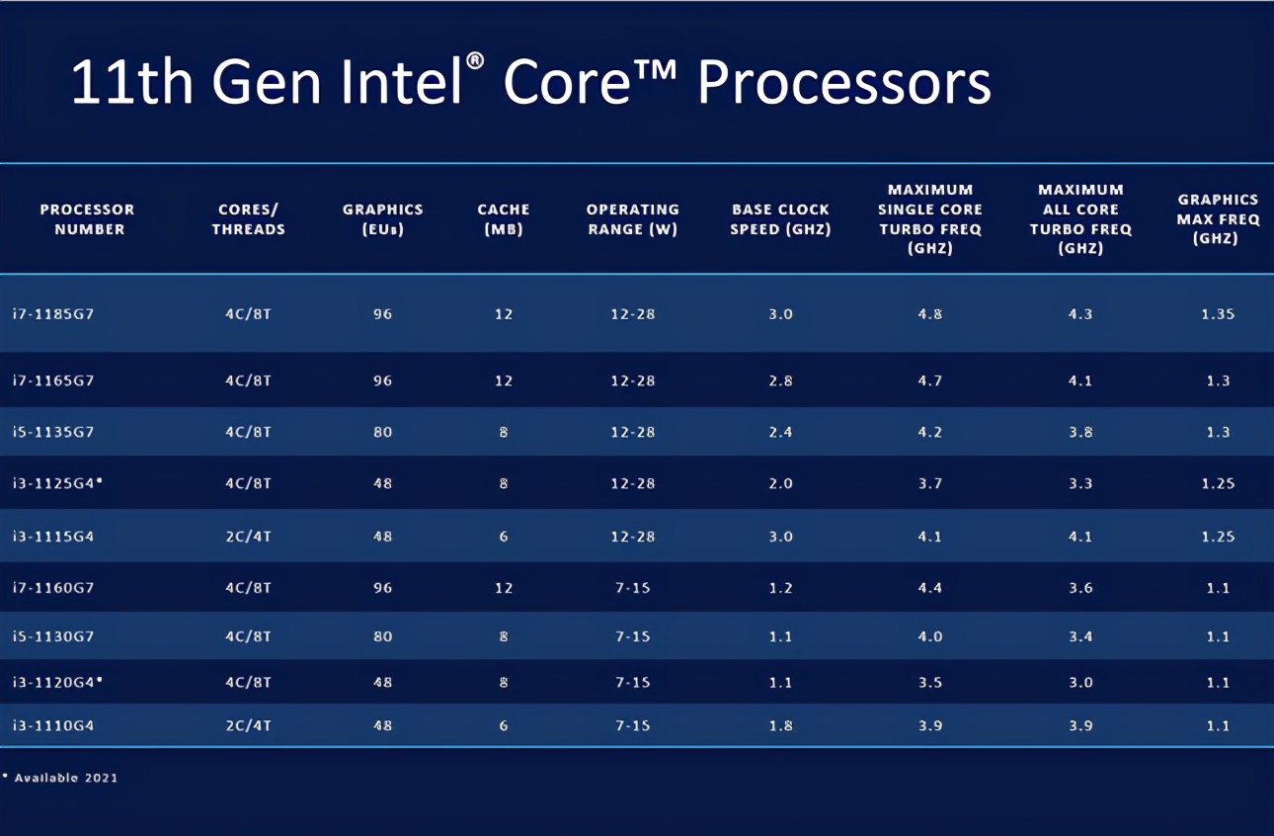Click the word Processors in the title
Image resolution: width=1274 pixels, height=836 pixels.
(843, 83)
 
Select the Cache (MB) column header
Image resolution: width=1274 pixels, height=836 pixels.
(504, 219)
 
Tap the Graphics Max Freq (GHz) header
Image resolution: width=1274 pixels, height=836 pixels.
(1218, 219)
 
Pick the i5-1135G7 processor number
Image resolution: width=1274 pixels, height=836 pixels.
(53, 432)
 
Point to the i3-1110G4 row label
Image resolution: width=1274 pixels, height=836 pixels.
(53, 725)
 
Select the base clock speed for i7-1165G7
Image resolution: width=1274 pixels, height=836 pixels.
(780, 380)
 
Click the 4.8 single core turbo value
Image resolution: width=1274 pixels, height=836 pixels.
(929, 314)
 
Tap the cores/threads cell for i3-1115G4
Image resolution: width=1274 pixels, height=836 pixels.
(249, 537)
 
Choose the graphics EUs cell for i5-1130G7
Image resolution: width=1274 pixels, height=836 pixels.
(382, 636)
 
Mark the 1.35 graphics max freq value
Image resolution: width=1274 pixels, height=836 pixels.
(1218, 314)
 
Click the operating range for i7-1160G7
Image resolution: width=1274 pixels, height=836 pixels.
(633, 588)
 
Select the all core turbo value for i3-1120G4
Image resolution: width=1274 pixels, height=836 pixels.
(1080, 682)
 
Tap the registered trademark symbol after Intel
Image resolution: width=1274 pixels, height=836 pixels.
(475, 61)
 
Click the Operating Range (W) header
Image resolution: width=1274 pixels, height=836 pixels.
(633, 219)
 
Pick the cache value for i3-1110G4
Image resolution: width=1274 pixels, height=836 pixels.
(504, 725)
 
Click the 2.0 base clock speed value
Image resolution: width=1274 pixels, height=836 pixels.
(780, 483)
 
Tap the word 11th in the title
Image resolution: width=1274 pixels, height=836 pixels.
(132, 83)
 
